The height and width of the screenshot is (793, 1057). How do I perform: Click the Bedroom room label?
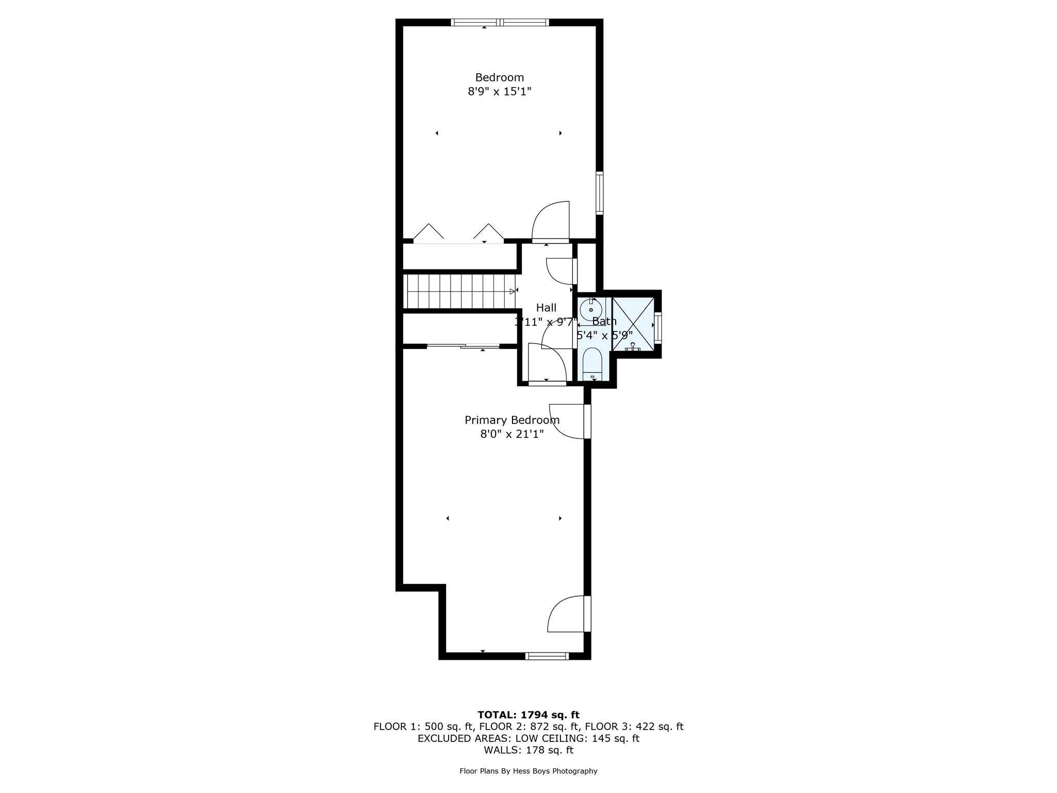[x=499, y=77]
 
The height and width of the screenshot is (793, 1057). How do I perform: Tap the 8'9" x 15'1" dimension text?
[x=499, y=92]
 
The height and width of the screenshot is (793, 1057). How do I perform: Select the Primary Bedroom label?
[x=511, y=420]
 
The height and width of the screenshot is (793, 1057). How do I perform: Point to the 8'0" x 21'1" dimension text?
[x=511, y=434]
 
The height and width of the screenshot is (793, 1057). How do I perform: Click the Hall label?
[x=546, y=308]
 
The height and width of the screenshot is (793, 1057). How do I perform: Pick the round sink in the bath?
[x=590, y=310]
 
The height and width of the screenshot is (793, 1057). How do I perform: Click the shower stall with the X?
[x=632, y=324]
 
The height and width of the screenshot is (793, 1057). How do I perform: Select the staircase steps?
[x=459, y=291]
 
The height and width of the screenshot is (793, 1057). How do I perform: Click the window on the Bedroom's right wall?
[x=599, y=193]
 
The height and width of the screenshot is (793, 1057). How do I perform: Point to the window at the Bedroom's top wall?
[x=500, y=22]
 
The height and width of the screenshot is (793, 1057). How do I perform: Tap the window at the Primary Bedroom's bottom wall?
[x=547, y=656]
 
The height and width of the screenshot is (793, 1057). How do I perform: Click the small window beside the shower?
[x=658, y=327]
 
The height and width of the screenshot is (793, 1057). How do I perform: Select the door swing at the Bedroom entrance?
[x=551, y=222]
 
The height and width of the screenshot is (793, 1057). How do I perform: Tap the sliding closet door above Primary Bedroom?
[x=463, y=346]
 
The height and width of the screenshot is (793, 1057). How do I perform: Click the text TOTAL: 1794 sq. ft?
[x=528, y=715]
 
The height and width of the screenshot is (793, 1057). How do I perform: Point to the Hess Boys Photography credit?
[x=528, y=771]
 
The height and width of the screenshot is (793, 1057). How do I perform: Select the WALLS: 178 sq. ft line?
[x=528, y=750]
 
